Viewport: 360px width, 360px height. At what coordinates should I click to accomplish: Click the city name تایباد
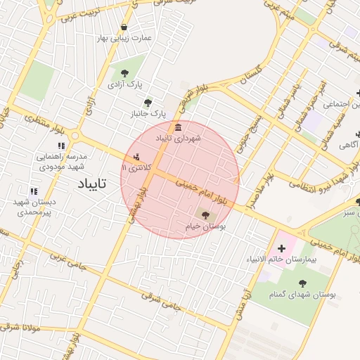92,184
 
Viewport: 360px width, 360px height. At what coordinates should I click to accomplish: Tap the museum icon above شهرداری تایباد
177,127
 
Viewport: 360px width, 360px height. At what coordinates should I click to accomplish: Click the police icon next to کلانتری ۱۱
136,156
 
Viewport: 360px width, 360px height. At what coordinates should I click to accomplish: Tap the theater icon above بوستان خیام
205,215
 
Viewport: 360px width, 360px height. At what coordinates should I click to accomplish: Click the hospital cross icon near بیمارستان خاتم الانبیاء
282,247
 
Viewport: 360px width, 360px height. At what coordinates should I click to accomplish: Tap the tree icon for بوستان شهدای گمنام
302,283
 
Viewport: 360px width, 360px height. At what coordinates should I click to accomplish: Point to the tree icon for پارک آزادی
124,72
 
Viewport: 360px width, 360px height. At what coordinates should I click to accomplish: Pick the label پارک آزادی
124,84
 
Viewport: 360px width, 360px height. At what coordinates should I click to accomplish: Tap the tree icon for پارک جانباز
148,102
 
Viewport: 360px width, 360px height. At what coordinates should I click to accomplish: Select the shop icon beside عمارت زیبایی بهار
124,27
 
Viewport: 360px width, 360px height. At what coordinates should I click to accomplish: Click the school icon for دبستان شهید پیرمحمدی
33,191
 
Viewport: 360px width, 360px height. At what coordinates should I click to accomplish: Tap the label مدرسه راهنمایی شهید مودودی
62,161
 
